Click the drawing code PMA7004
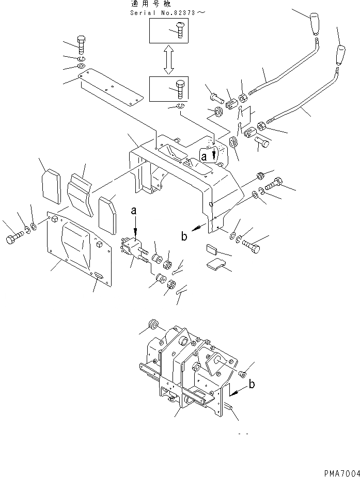[x=341, y=472]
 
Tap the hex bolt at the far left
[x=12, y=240]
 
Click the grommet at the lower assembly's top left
[x=153, y=324]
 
